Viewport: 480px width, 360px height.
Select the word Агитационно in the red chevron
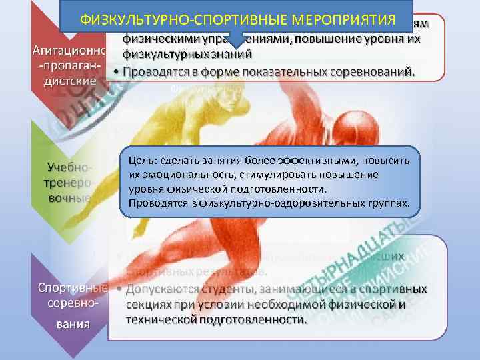[x=65, y=52]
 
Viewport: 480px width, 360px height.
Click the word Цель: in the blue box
[x=143, y=161]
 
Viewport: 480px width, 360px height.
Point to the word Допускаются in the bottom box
[x=163, y=290]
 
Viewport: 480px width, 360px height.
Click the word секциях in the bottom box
[x=148, y=305]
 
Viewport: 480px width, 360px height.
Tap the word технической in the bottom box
[x=158, y=319]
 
